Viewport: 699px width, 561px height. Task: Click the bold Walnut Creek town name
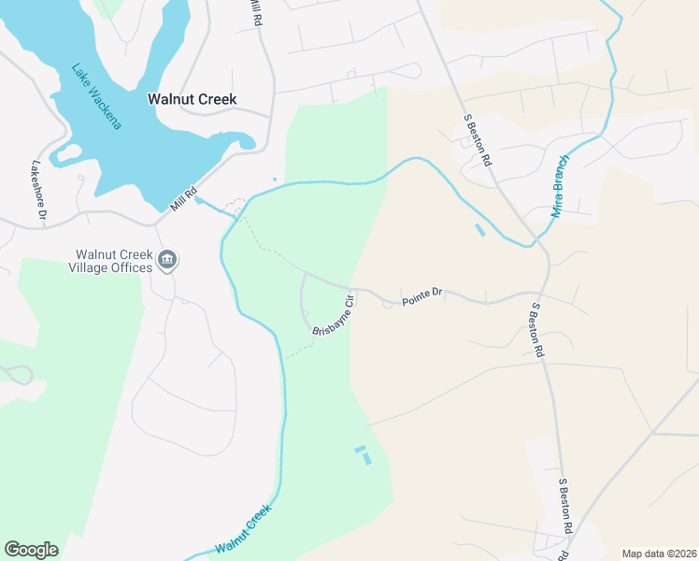coord(193,99)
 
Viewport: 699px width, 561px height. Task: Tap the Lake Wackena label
coord(97,96)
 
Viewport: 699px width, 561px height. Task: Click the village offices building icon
coord(167,260)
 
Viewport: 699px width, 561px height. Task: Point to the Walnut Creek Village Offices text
coord(113,261)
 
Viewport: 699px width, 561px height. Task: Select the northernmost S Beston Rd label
coord(478,141)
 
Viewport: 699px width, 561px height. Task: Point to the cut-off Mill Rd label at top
coord(254,10)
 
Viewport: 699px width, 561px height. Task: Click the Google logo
coord(31,550)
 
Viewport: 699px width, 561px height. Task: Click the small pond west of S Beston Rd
coord(480,230)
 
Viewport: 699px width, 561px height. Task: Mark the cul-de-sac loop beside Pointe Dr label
coord(387,305)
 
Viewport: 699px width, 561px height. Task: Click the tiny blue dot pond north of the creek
coord(274,180)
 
